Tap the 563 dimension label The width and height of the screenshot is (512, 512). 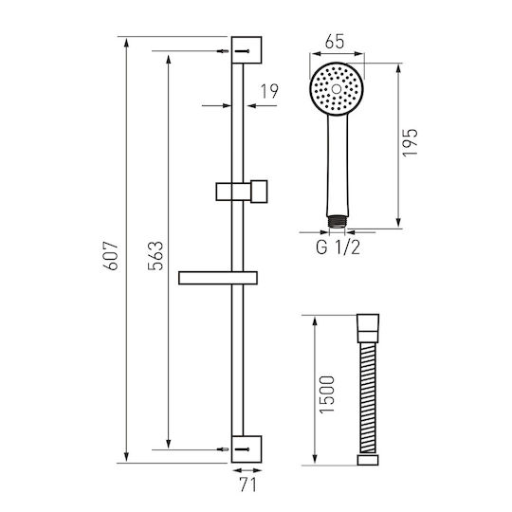click(x=155, y=256)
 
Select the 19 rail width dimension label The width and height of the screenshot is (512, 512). click(x=269, y=91)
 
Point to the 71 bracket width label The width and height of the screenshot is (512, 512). click(x=248, y=485)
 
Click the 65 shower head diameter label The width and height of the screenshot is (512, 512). click(x=335, y=42)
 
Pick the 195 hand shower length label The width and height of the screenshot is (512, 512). click(x=411, y=142)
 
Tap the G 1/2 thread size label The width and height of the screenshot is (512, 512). click(x=338, y=247)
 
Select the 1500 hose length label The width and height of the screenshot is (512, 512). click(x=327, y=395)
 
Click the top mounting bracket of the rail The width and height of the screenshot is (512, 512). click(x=247, y=50)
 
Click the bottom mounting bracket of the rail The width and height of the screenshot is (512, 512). click(x=247, y=449)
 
